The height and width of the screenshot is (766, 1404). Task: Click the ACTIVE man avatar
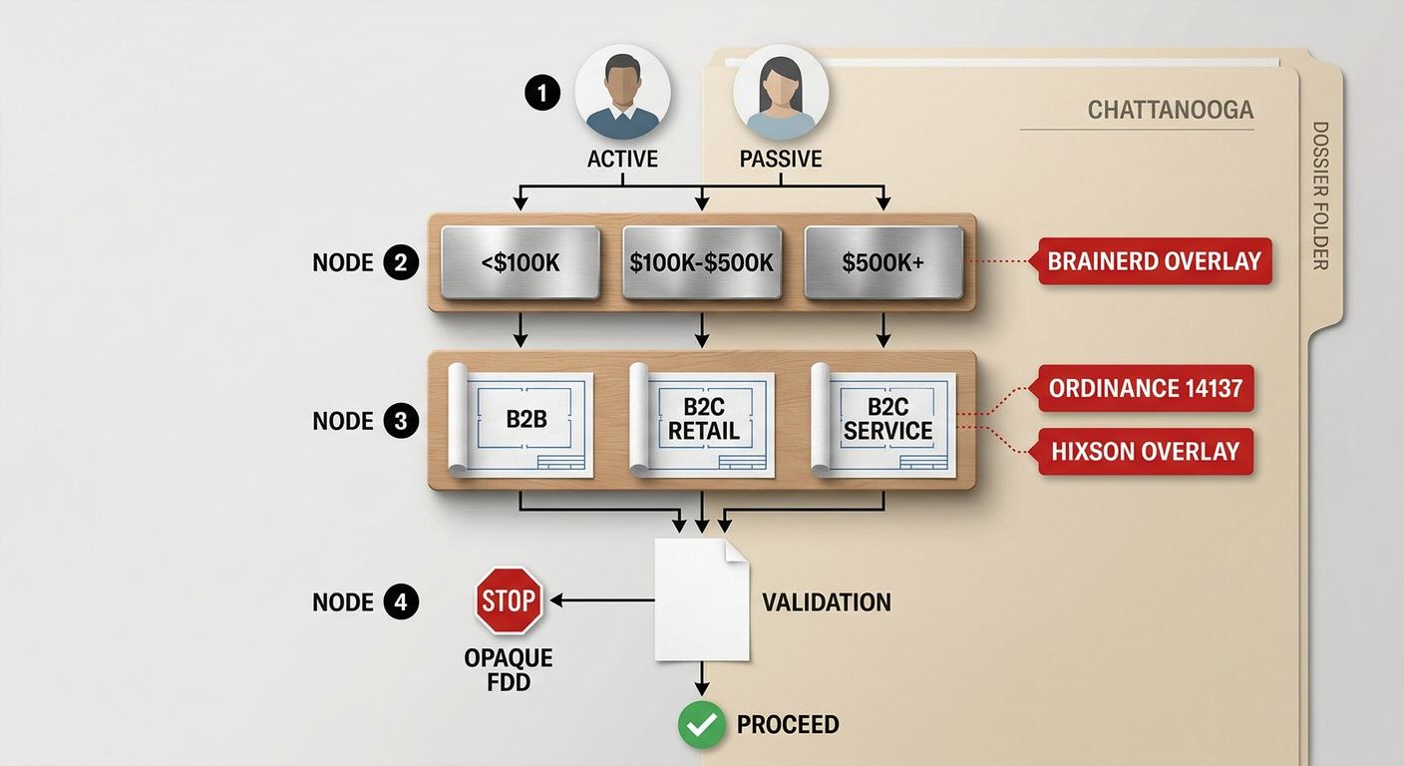(622, 92)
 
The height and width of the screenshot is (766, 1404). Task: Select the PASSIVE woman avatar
(781, 92)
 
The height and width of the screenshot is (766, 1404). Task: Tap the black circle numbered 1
(542, 93)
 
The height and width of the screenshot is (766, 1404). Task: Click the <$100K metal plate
(521, 262)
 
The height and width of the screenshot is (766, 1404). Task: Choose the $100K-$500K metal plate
(701, 262)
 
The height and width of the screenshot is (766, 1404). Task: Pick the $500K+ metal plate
(883, 262)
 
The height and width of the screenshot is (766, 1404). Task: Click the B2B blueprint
(521, 420)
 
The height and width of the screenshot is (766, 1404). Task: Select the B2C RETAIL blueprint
(702, 420)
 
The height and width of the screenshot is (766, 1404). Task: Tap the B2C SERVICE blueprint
(883, 420)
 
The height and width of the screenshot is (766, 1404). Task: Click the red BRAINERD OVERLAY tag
(1151, 261)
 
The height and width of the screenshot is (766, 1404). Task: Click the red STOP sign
(509, 600)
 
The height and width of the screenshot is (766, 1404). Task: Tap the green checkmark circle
(702, 725)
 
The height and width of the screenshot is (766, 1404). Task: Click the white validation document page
(701, 599)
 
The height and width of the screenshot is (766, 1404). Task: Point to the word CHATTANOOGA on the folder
(1171, 111)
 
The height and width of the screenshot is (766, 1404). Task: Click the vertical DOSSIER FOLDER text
(1320, 195)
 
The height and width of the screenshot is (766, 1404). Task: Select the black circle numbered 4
(401, 601)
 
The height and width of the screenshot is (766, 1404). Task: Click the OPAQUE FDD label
(509, 669)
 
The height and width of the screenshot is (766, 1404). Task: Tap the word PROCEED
(788, 725)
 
